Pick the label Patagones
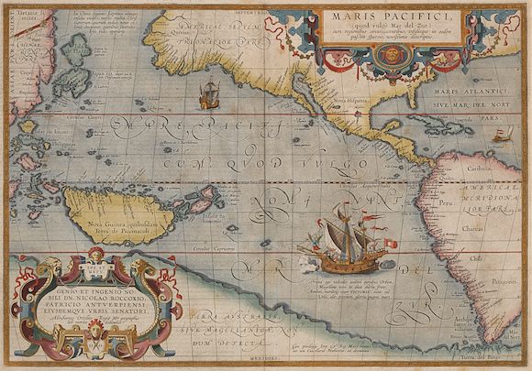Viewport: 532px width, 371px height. (x=501, y=273)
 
